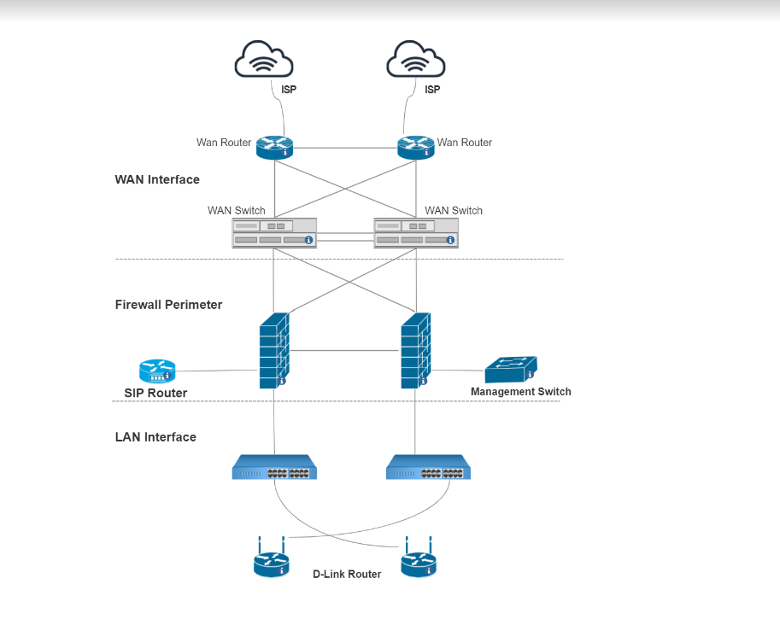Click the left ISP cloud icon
coord(264,60)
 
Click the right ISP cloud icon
coord(416,60)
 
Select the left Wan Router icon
coord(274,147)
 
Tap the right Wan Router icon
coord(416,147)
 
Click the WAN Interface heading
coord(157,180)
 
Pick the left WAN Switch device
coord(274,233)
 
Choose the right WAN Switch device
coord(416,233)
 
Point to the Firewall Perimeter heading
coord(168,305)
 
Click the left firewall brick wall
coord(274,350)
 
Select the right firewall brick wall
coord(416,350)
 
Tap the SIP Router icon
coord(157,371)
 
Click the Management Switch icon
coord(511,369)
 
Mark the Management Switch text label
coord(520,392)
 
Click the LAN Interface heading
coord(155,437)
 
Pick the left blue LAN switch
coord(274,468)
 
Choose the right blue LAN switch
coord(428,468)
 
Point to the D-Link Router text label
coord(347,575)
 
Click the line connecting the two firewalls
coord(345,350)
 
